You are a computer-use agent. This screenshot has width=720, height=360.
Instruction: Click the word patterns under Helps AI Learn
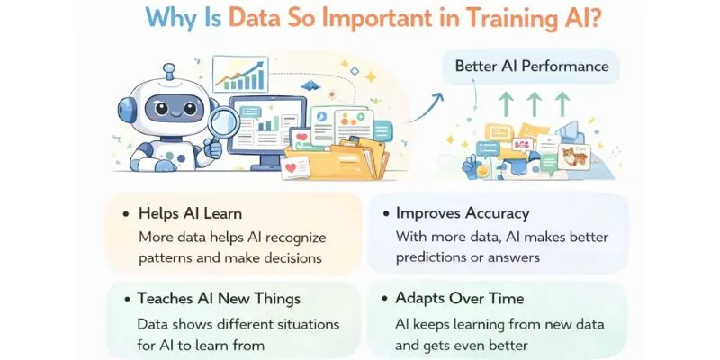pos(166,256)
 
